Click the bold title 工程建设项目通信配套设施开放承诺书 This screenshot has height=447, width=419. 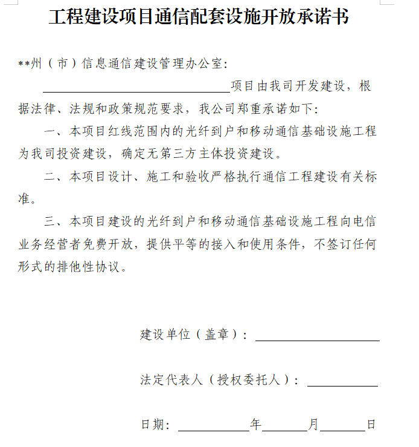199,18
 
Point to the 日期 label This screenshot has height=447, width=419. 152,425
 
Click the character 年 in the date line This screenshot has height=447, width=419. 256,425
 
